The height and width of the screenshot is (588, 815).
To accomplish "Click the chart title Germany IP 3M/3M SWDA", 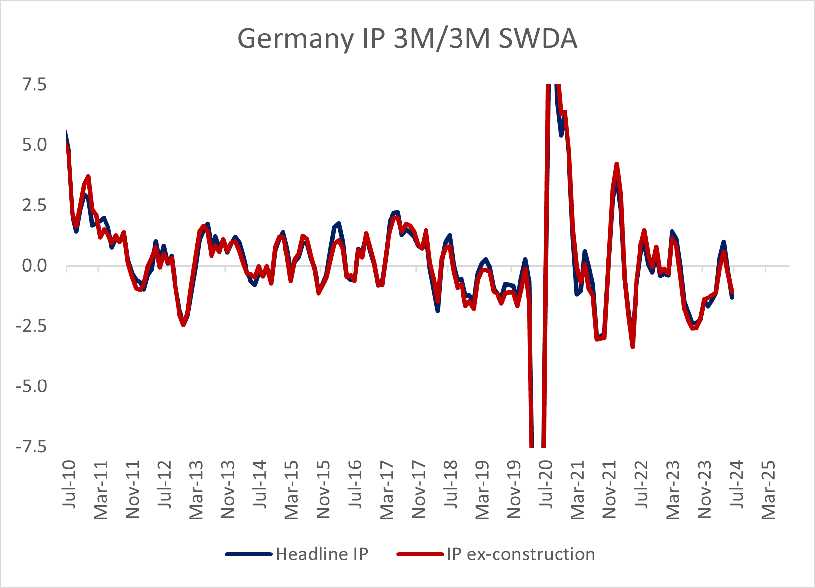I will [407, 38].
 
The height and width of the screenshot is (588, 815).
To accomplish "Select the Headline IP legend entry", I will [321, 554].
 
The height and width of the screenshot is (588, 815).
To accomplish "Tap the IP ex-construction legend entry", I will [521, 554].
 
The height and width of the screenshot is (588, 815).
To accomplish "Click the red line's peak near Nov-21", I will [617, 164].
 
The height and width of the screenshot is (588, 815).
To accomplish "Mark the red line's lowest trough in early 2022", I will [633, 347].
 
